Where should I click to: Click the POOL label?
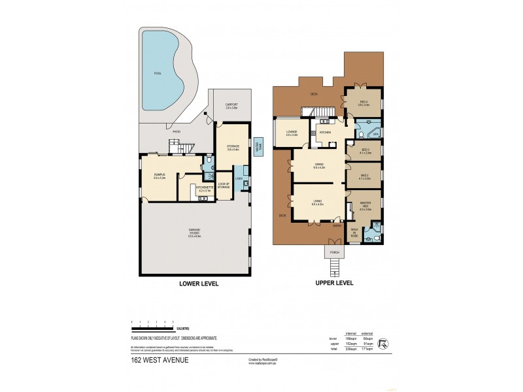(156, 73)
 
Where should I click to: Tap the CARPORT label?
(231, 105)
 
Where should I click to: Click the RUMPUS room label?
(159, 174)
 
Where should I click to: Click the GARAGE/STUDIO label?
(194, 230)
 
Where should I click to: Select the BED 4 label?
(363, 102)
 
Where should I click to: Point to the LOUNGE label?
(292, 133)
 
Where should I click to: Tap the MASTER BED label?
(365, 206)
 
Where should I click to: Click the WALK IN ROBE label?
(354, 233)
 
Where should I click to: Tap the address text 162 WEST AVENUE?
(160, 359)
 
